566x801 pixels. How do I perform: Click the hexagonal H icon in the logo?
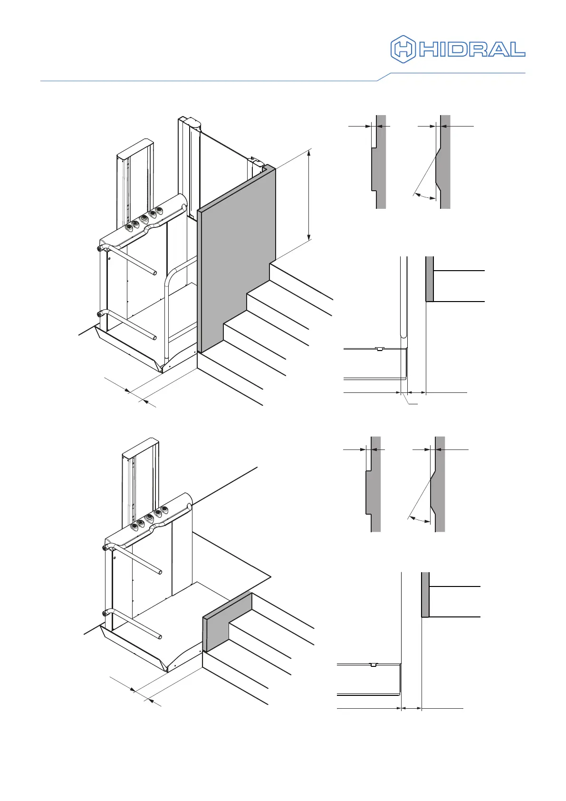403,49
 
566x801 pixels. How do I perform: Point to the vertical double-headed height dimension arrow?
309,195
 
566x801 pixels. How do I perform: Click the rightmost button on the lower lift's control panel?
164,509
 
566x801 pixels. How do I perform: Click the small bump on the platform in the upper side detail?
379,349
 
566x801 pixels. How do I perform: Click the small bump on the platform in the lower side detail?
373,664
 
